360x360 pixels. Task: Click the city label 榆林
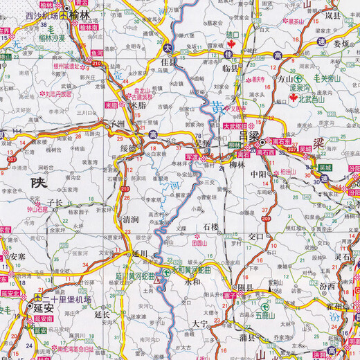(84, 14)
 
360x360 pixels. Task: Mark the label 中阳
(258, 174)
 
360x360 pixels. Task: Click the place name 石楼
(211, 226)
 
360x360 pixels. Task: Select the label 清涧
(130, 219)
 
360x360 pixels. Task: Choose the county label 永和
(192, 282)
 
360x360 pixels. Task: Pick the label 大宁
(201, 323)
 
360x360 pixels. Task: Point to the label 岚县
(332, 14)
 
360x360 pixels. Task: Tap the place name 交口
(256, 235)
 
